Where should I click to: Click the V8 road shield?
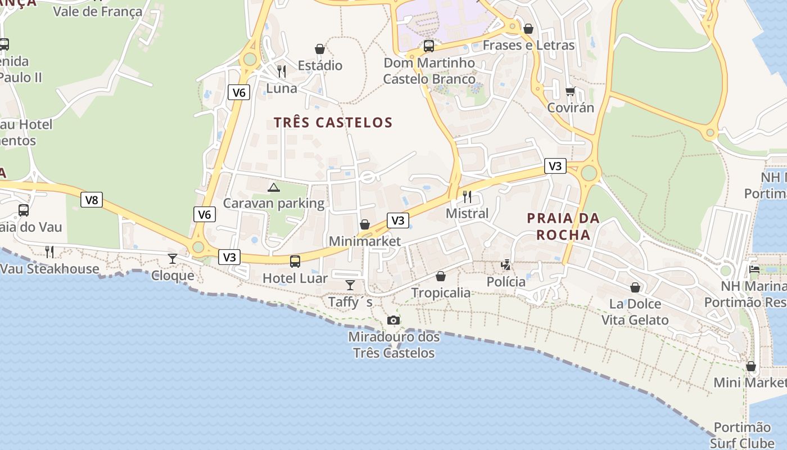pyautogui.click(x=92, y=200)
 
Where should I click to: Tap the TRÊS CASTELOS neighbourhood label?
pyautogui.click(x=333, y=122)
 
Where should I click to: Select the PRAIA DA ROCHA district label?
pyautogui.click(x=564, y=226)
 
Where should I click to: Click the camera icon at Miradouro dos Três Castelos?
pyautogui.click(x=393, y=321)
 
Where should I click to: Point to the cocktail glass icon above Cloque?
pyautogui.click(x=173, y=259)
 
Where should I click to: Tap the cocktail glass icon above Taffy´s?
pyautogui.click(x=350, y=285)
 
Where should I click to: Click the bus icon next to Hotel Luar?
pyautogui.click(x=295, y=262)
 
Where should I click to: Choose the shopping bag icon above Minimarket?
pyautogui.click(x=365, y=225)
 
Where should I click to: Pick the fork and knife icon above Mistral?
pyautogui.click(x=467, y=197)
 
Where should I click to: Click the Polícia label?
pyautogui.click(x=506, y=281)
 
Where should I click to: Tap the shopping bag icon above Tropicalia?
pyautogui.click(x=441, y=276)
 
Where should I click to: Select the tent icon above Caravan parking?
pyautogui.click(x=274, y=187)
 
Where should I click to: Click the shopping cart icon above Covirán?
pyautogui.click(x=571, y=91)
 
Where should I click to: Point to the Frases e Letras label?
pyautogui.click(x=528, y=45)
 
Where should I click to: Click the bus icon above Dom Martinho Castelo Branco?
pyautogui.click(x=429, y=46)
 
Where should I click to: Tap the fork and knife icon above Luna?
pyautogui.click(x=282, y=71)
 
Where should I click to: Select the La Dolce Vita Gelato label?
pyautogui.click(x=635, y=312)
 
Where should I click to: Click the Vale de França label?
pyautogui.click(x=98, y=11)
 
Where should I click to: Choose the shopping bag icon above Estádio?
pyautogui.click(x=320, y=49)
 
